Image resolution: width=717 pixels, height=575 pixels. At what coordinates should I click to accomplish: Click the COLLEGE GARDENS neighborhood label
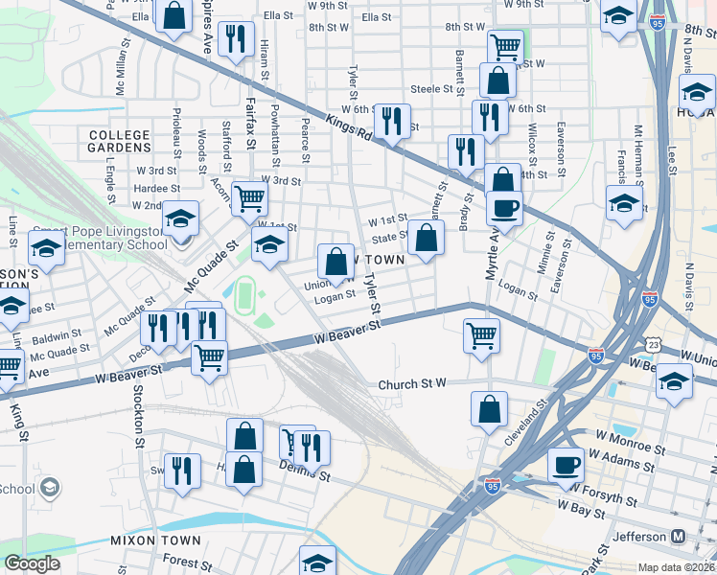click(x=119, y=141)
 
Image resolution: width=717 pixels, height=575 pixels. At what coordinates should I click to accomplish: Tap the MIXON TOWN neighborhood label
click(x=155, y=540)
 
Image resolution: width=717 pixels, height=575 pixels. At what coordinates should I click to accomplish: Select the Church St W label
click(x=412, y=384)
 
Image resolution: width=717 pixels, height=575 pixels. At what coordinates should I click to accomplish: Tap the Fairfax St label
click(x=250, y=122)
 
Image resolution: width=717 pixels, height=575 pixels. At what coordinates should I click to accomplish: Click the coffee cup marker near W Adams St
click(x=566, y=464)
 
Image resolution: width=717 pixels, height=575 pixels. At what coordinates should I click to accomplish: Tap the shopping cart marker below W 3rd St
click(x=249, y=197)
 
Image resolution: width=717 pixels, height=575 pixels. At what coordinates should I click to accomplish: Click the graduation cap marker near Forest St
click(x=317, y=562)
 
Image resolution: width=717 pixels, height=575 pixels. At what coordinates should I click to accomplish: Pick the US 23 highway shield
click(x=653, y=343)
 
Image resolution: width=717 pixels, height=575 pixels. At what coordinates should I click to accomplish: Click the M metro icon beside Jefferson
click(x=679, y=536)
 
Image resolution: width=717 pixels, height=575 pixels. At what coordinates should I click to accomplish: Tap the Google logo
click(x=32, y=563)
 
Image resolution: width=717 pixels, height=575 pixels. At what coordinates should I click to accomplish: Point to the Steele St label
click(x=431, y=89)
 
